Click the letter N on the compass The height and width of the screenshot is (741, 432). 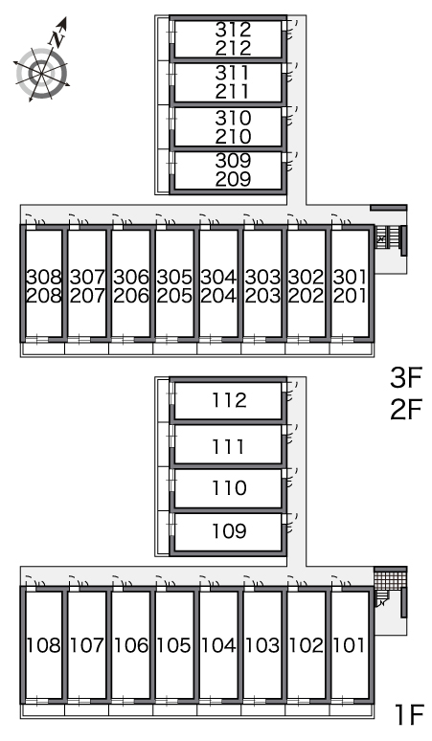(57, 38)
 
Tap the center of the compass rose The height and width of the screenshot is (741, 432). (42, 74)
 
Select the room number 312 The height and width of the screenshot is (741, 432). (233, 30)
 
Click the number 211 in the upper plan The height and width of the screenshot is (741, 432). (232, 91)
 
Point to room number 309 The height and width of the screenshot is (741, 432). (233, 161)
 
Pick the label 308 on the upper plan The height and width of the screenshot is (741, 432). (44, 277)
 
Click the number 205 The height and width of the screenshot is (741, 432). (174, 296)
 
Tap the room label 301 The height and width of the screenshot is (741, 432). (350, 277)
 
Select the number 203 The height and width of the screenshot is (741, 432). (262, 296)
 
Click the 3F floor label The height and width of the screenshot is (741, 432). (405, 377)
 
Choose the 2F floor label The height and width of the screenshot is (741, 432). (405, 409)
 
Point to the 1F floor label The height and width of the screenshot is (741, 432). (409, 714)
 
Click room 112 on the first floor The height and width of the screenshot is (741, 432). (229, 400)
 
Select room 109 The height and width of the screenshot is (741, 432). (229, 531)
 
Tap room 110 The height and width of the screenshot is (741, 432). (229, 487)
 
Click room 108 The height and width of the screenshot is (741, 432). (43, 645)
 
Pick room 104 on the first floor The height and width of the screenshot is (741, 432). (218, 645)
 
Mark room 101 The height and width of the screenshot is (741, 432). (350, 645)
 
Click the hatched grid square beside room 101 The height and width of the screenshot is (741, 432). (390, 579)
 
